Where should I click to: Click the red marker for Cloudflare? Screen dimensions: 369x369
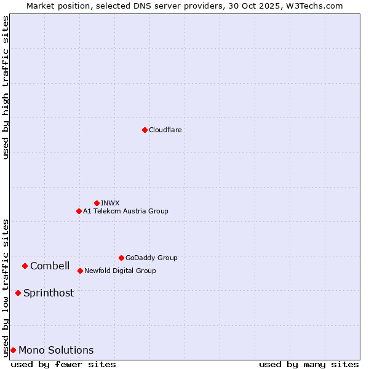tap(145, 130)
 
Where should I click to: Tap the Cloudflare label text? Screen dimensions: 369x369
tap(165, 130)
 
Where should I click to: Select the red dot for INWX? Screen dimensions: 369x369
tap(97, 203)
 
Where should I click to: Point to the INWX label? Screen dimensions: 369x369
tap(110, 203)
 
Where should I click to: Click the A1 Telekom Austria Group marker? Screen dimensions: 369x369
tap(79, 211)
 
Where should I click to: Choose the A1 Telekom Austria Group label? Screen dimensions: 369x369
tap(125, 211)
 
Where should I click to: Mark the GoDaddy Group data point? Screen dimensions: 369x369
tap(121, 258)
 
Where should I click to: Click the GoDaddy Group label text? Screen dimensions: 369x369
tap(151, 258)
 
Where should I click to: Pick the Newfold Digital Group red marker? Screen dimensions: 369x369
tap(80, 271)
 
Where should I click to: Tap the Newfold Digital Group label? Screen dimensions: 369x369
tap(120, 271)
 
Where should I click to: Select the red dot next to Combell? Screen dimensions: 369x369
tap(25, 266)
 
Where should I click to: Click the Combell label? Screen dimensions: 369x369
tap(50, 266)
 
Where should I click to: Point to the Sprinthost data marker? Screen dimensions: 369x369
tap(18, 293)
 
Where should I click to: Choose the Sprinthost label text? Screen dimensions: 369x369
tap(49, 293)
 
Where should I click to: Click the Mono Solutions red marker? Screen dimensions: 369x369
tap(13, 350)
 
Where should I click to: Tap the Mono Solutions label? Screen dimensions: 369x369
tap(56, 350)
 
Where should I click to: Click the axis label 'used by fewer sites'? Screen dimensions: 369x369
tap(63, 364)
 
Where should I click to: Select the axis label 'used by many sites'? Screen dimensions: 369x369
tap(309, 364)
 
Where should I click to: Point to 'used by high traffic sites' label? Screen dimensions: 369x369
tap(6, 87)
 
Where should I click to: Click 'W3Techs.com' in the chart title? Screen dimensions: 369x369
tap(317, 6)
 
